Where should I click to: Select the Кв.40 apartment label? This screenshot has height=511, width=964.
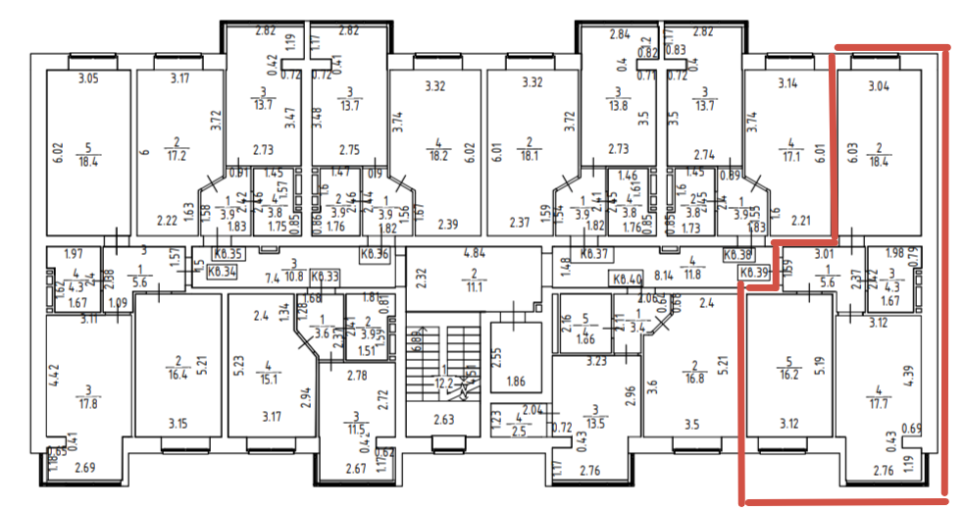pos(628,279)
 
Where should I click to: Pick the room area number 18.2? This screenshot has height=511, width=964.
pos(437,154)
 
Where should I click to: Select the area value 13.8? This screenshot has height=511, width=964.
pos(617,105)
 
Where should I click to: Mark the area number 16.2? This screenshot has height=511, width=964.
pos(788,374)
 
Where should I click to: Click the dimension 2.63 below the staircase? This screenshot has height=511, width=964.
pos(443,422)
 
